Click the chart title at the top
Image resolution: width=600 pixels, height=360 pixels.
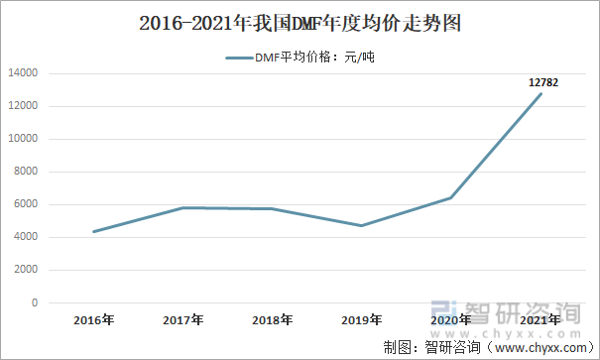[x=300, y=22]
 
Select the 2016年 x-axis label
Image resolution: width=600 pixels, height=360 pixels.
[x=94, y=320]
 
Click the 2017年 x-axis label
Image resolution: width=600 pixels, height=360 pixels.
[x=183, y=320]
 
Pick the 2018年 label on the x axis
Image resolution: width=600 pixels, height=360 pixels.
[x=273, y=320]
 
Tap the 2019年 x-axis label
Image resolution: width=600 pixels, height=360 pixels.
[x=362, y=320]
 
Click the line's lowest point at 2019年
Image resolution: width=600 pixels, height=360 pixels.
[x=362, y=225]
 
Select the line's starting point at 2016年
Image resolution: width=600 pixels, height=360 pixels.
[x=94, y=232]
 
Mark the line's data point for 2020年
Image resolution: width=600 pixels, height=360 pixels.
[x=451, y=197]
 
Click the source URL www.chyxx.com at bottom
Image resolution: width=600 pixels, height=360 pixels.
[x=542, y=348]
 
